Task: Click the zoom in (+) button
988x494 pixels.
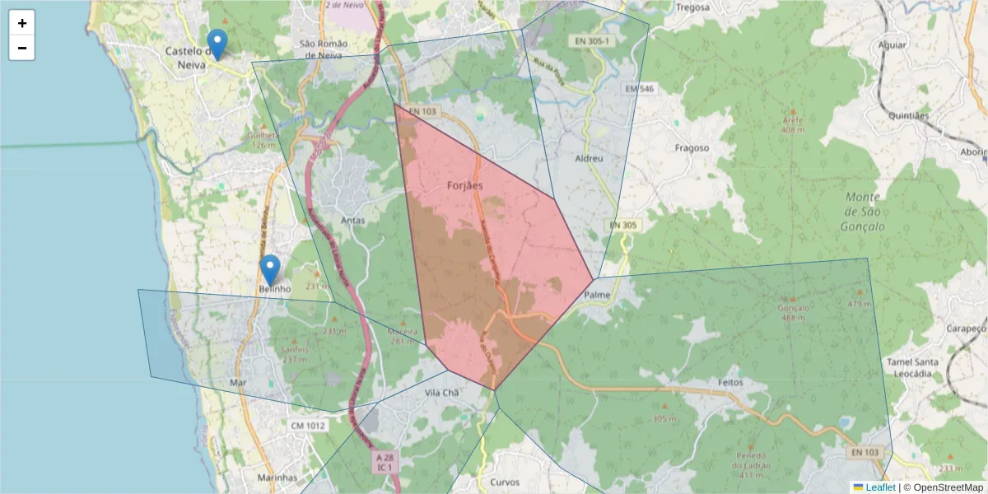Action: [22, 23]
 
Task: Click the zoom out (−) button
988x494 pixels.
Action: [22, 48]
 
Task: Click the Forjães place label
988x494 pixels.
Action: [464, 185]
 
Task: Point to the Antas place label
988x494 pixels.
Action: [352, 221]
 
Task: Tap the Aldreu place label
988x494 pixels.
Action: [590, 157]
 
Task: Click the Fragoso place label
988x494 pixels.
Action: [692, 148]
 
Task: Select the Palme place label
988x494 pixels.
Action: [596, 294]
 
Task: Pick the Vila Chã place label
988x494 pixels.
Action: [440, 394]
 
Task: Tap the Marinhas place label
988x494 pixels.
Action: [277, 478]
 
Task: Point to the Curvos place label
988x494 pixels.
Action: [505, 482]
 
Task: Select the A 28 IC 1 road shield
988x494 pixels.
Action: [384, 462]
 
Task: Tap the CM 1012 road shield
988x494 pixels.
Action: [309, 426]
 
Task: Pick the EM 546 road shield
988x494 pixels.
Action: [639, 88]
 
